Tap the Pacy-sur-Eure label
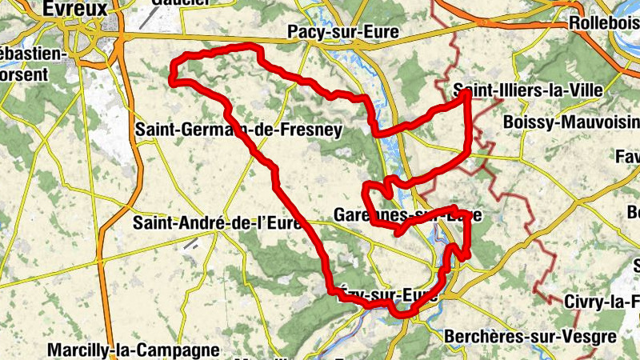pos(343,33)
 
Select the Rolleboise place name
pos(604,24)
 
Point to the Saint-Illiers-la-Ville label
pos(527,90)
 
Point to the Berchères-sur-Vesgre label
pos(530,336)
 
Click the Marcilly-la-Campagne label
pos(133,350)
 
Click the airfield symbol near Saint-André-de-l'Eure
pos(190,244)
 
